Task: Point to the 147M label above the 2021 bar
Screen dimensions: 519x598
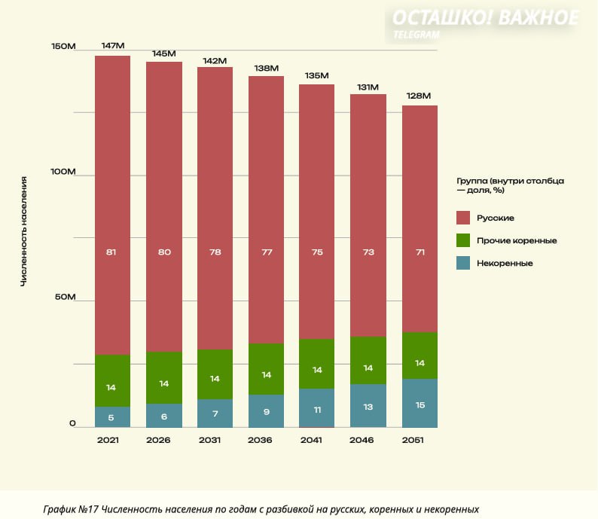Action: coord(112,46)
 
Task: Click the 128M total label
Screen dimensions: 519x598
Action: coord(420,96)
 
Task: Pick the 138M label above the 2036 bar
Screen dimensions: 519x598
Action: coord(266,68)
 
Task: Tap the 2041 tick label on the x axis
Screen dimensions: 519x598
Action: coord(317,440)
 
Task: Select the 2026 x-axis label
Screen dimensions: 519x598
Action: coord(164,440)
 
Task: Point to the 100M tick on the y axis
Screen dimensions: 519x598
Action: coord(63,172)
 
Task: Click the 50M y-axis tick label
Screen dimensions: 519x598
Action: coord(65,298)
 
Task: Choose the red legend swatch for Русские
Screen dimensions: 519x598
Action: coord(464,218)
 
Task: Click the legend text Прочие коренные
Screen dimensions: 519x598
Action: coord(517,240)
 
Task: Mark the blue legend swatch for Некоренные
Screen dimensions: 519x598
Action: coord(464,263)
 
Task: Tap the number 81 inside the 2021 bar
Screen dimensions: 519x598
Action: coord(111,252)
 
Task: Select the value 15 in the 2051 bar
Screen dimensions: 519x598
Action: coord(420,405)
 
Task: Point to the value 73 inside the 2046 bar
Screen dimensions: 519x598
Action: coord(368,252)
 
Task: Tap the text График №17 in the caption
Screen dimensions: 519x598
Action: coord(70,509)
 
